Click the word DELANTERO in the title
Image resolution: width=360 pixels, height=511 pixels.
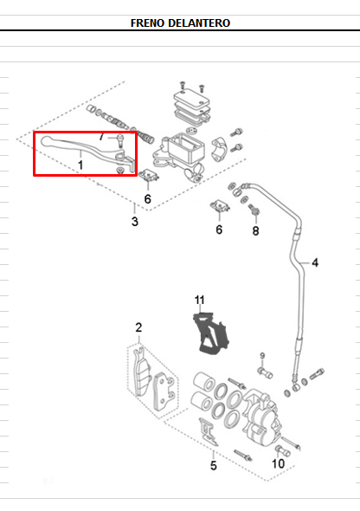point(199,23)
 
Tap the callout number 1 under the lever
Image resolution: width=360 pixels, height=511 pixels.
point(80,165)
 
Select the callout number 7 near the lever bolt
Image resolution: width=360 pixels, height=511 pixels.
point(102,137)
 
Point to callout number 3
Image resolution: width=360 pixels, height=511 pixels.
point(135,222)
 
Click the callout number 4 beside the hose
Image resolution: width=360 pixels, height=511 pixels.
point(315,262)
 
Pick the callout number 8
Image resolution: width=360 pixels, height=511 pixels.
point(256,231)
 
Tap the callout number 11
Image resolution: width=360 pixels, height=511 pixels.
point(200,300)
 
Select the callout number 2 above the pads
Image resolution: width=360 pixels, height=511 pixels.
point(138,327)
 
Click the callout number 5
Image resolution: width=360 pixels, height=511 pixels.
point(213,465)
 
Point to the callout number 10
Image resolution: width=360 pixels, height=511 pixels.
point(279,463)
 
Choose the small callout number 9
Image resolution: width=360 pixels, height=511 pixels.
point(262,356)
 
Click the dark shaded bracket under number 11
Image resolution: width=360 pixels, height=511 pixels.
point(211,333)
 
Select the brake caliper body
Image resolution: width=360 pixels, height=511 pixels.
point(260,419)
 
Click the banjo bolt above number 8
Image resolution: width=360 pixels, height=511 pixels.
point(254,210)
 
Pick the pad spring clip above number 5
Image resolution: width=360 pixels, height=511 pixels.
point(208,431)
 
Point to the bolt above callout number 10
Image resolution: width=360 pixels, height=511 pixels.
point(282,450)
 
